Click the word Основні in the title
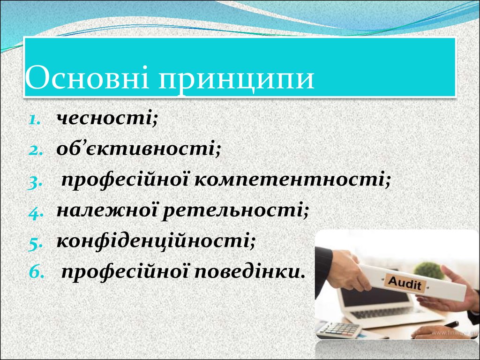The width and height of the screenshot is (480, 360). coord(87,77)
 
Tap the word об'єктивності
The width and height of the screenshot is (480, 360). coord(139,149)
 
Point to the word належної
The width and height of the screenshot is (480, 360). coord(106,210)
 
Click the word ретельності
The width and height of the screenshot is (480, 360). coord(235,210)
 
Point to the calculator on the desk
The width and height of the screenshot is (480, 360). coord(338,329)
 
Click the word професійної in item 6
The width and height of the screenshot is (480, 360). coord(127,272)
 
